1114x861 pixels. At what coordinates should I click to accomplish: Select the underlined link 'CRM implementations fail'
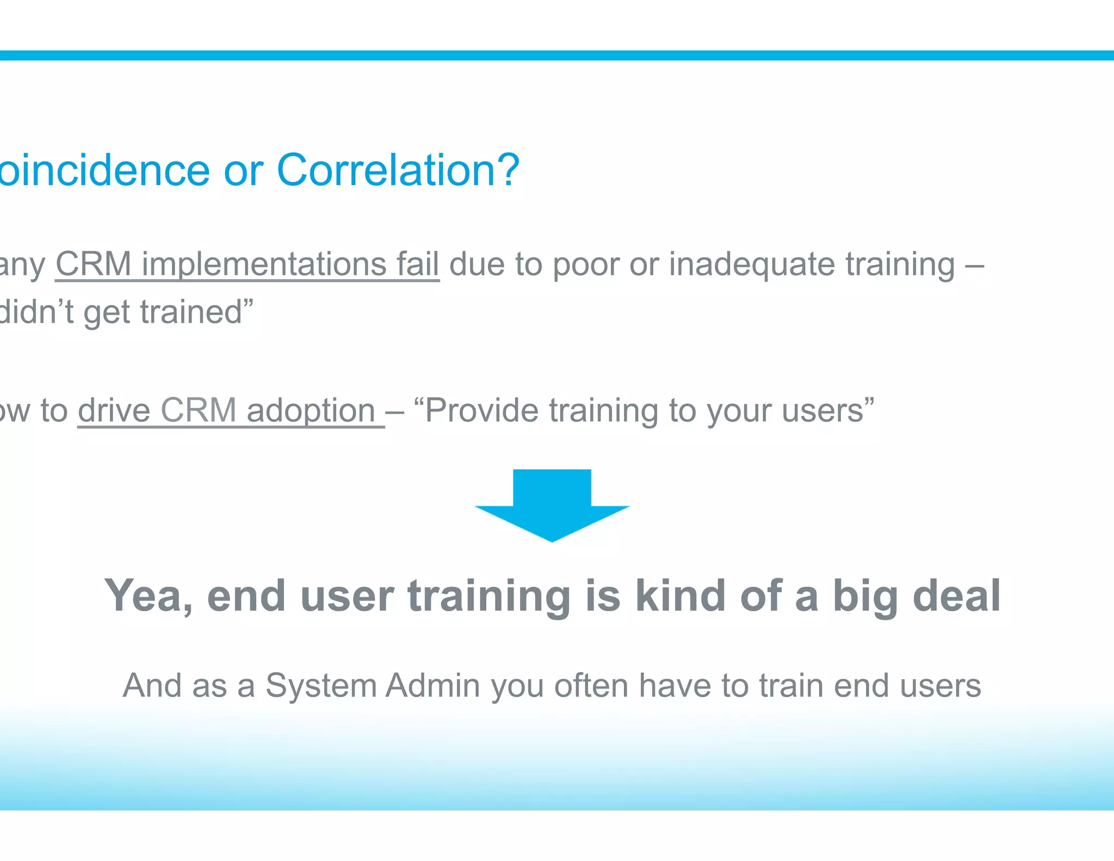[x=247, y=265]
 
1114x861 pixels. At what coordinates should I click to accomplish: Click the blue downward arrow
[x=552, y=503]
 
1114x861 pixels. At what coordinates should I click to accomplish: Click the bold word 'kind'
[x=680, y=596]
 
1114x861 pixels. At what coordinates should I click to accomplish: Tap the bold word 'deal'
[x=957, y=596]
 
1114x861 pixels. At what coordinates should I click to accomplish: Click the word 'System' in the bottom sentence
[x=321, y=686]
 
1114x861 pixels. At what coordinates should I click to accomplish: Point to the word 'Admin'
[x=433, y=686]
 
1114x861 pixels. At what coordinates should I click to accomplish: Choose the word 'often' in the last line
[x=591, y=686]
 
